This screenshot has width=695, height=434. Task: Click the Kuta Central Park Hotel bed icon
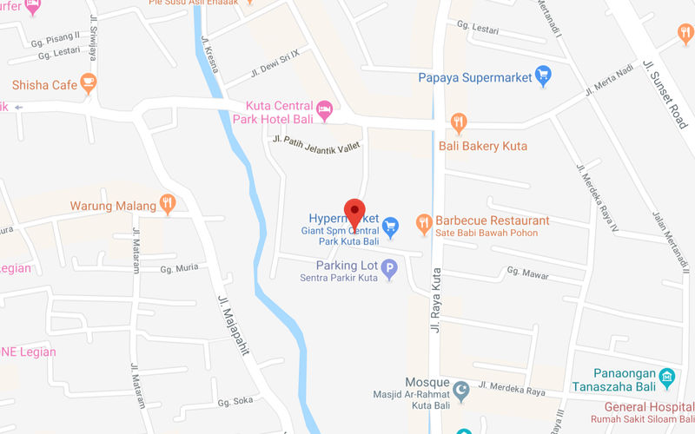[x=325, y=110]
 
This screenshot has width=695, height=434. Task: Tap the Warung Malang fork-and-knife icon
[x=169, y=206]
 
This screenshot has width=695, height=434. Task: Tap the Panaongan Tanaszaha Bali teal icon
[x=667, y=378]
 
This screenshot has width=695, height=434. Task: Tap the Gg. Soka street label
[x=234, y=402]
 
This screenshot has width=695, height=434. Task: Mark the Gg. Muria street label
[x=180, y=269]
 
